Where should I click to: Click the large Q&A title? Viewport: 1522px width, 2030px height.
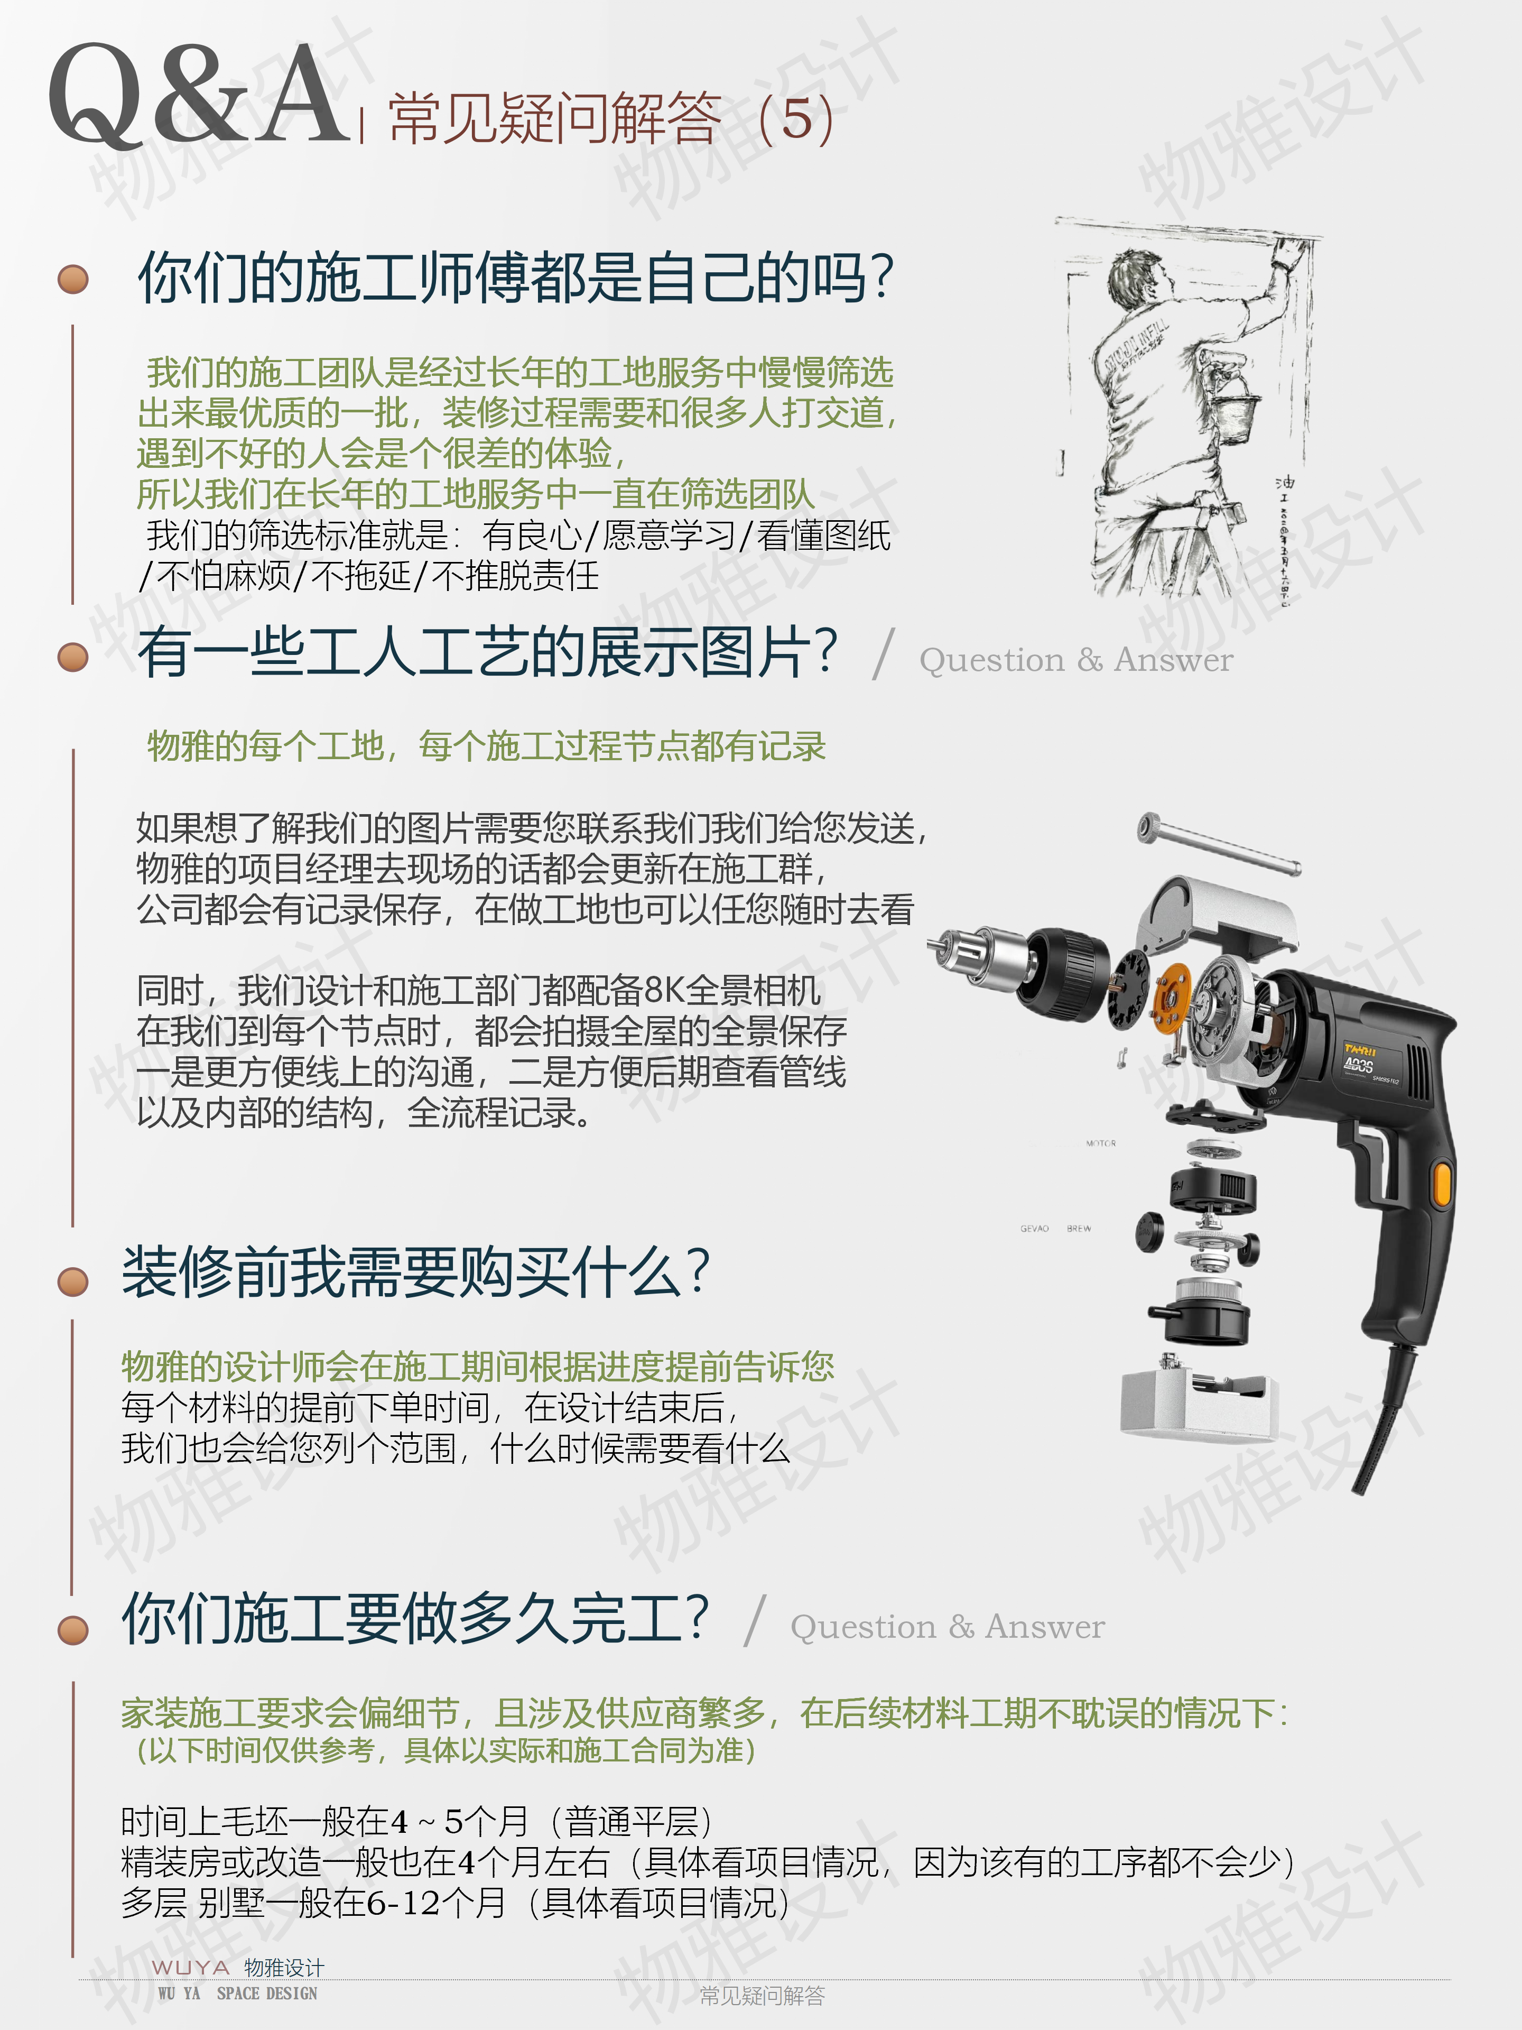point(200,96)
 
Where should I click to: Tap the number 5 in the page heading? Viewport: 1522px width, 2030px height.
point(797,119)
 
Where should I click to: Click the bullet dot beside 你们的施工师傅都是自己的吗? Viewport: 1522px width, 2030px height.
point(73,279)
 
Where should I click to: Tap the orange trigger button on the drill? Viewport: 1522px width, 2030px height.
point(1442,1183)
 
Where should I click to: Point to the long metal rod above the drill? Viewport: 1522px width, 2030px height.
point(1218,843)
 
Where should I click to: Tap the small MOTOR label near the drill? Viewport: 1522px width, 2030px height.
point(1101,1143)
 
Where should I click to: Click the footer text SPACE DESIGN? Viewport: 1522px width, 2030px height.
point(267,1994)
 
